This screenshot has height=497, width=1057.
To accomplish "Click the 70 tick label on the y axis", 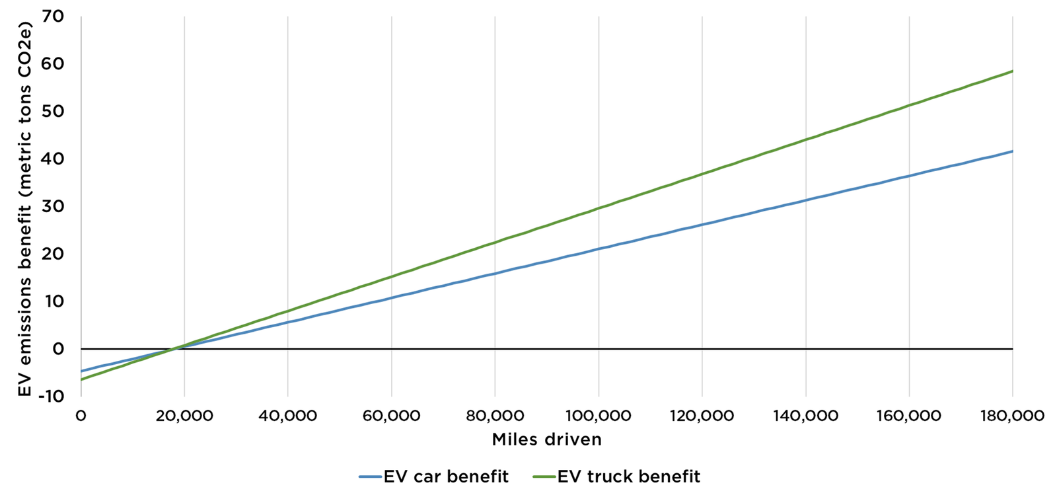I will click(x=54, y=17).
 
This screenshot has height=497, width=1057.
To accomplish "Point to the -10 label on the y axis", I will click(x=50, y=396).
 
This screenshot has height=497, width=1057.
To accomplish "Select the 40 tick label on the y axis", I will click(x=53, y=159).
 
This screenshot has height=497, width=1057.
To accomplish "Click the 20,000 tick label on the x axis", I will click(x=184, y=416).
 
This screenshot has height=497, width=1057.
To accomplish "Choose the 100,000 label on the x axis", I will click(x=599, y=416).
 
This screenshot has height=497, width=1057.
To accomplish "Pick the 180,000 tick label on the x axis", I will click(x=1012, y=416).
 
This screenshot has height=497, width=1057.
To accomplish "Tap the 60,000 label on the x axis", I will click(x=391, y=416).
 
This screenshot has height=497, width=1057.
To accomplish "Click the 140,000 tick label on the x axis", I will click(x=805, y=416).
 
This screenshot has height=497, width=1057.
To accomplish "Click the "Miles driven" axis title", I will click(x=546, y=440).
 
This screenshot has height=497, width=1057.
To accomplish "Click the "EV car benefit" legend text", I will click(x=446, y=477).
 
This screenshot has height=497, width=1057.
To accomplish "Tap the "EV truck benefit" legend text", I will click(x=628, y=477).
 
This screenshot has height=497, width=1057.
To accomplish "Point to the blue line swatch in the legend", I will click(x=371, y=477).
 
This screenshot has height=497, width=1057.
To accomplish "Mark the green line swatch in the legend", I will click(x=544, y=477).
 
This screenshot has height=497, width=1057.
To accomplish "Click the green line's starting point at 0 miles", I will click(x=81, y=379).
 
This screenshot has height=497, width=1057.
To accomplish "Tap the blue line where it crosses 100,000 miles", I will click(x=599, y=249).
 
